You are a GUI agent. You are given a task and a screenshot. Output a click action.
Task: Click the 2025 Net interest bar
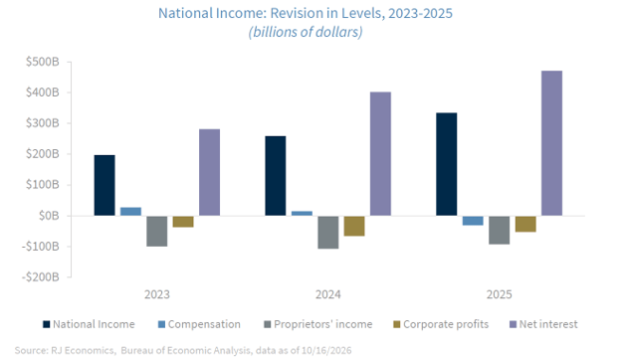551,143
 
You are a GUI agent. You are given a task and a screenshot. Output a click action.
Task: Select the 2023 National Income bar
104,186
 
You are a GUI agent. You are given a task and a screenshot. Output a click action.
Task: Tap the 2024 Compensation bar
302,213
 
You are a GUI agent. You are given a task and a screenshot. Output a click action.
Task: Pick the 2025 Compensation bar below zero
473,221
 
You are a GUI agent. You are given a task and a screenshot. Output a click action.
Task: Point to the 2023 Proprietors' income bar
157,232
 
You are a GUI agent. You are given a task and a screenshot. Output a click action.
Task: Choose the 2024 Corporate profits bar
354,226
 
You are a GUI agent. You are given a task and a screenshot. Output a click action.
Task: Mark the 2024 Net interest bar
380,154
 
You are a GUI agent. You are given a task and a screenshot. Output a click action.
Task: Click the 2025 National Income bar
446,164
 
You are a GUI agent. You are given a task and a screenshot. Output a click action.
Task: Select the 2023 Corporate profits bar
183,222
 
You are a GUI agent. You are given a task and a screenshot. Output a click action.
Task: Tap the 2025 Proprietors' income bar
499,231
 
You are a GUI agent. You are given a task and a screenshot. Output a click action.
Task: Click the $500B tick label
43,62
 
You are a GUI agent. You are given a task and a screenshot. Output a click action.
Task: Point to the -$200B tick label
41,276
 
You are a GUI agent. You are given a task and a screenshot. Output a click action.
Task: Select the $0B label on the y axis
49,216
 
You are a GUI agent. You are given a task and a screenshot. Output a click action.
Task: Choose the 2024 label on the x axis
328,294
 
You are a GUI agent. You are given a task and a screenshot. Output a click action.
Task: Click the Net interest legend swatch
513,324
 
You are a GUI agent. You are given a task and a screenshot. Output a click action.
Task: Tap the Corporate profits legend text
446,324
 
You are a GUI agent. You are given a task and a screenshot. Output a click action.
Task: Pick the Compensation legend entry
199,324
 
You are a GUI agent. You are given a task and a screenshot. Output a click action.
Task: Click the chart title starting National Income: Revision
306,14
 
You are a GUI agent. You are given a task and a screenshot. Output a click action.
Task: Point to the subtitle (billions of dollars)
306,32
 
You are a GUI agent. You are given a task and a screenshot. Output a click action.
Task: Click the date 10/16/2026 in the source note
326,350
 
